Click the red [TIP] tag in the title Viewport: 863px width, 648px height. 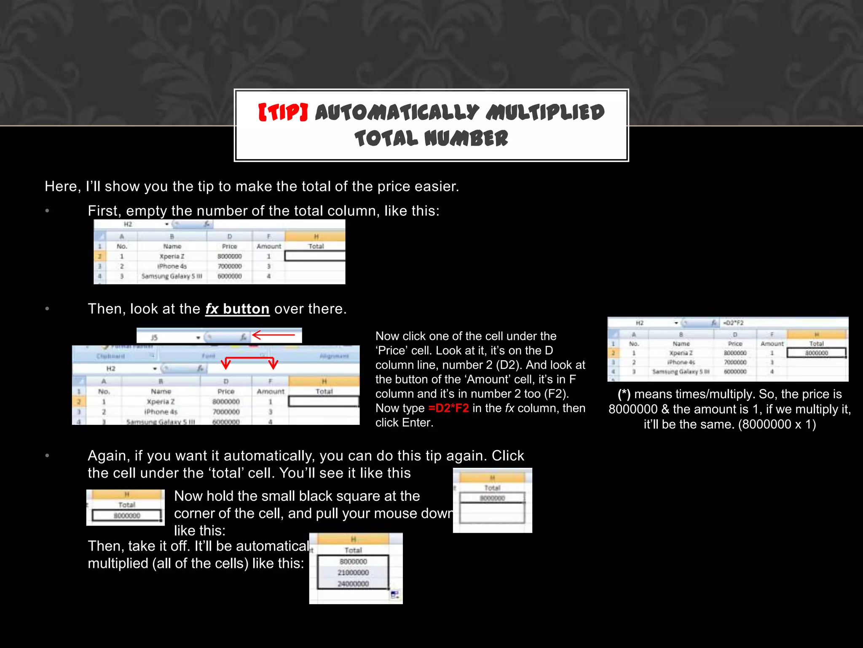283,113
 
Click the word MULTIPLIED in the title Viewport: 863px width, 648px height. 545,113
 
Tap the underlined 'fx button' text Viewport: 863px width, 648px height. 237,309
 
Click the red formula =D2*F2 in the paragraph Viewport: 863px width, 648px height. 448,408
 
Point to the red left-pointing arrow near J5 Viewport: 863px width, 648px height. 273,335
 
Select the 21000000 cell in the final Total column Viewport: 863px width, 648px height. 353,572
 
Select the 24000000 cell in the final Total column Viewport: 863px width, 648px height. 353,584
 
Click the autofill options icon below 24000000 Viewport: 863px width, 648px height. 395,595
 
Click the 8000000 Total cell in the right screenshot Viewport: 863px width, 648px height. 816,353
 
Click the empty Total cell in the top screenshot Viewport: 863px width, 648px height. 315,256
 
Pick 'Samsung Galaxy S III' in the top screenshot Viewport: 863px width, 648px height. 172,276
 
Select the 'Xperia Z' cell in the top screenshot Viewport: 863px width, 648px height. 172,256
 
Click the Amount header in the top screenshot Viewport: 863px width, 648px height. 269,246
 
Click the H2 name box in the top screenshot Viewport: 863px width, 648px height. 128,224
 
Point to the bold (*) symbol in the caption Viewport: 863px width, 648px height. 624,394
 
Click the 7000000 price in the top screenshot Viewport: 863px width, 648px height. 230,266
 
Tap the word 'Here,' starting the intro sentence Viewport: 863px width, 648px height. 62,186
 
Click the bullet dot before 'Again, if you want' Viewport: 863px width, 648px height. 48,456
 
